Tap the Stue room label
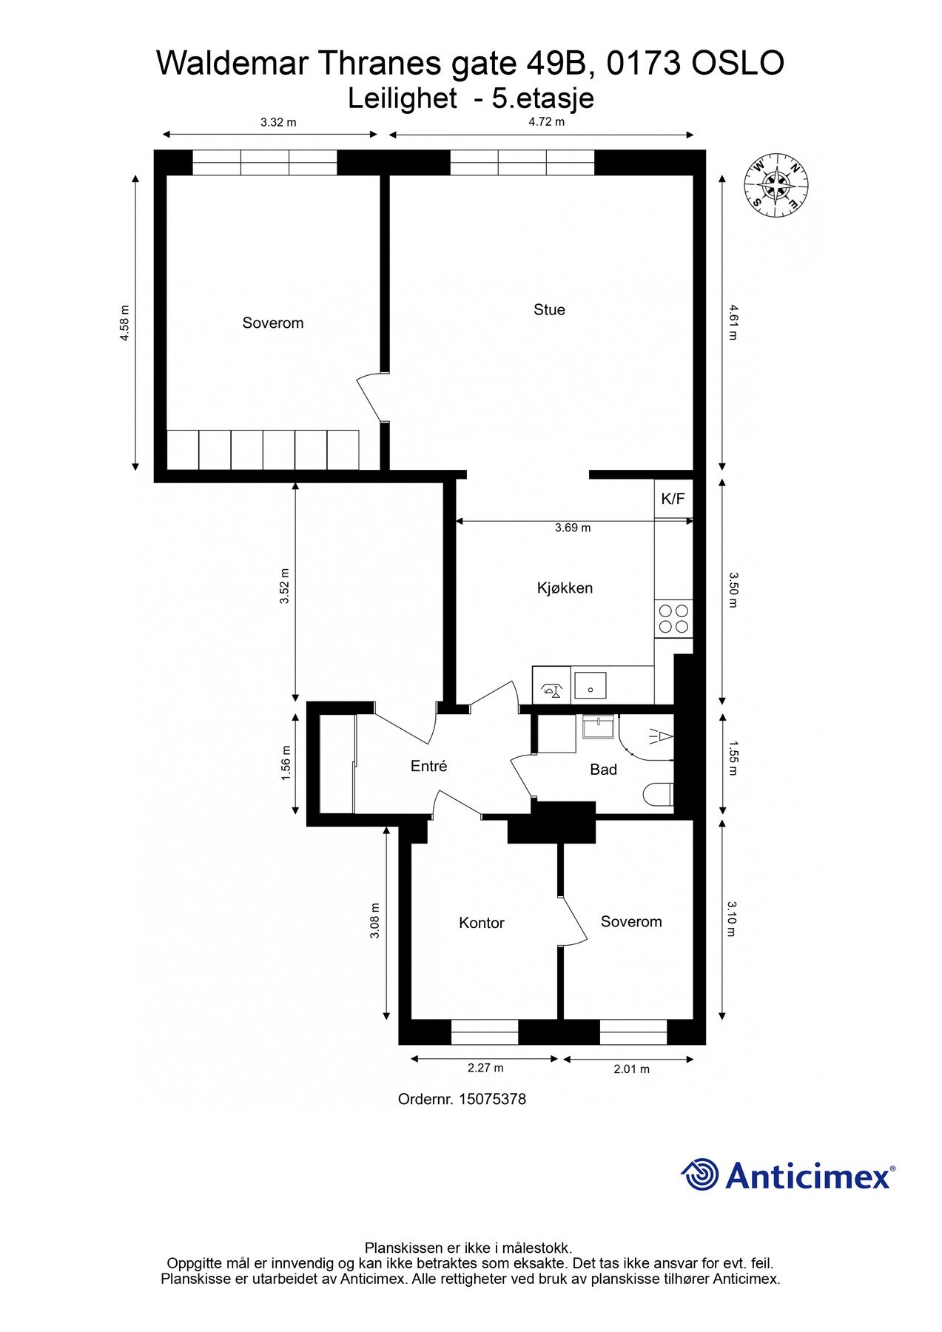(549, 309)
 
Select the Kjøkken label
(565, 588)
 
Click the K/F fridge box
(673, 499)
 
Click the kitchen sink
(590, 686)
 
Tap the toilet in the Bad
(658, 794)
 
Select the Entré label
(428, 766)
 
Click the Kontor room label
(481, 923)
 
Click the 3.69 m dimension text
(573, 528)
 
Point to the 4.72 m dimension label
(546, 122)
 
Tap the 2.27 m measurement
(485, 1068)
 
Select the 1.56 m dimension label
(286, 762)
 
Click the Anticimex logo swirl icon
(700, 1174)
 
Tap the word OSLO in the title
(737, 64)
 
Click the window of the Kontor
(485, 1032)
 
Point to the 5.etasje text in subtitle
(543, 98)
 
